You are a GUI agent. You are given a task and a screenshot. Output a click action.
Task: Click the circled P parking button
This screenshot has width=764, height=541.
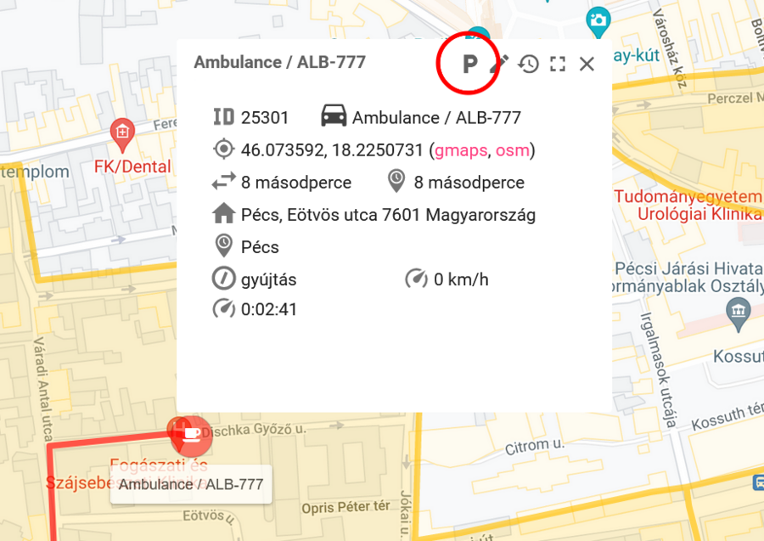coord(469,64)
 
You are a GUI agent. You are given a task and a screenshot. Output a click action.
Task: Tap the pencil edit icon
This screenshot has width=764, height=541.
coord(502,63)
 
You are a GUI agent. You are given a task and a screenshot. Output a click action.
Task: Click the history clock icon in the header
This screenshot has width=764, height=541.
coord(529,64)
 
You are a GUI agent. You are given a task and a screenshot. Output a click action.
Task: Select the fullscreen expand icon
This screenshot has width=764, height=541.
coord(558,64)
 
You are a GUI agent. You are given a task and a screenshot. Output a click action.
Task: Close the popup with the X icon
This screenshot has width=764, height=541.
coord(587,64)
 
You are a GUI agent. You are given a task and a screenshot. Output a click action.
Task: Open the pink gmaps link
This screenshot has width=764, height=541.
coord(460,150)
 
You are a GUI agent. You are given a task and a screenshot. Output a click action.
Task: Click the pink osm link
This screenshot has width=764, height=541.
coord(512,150)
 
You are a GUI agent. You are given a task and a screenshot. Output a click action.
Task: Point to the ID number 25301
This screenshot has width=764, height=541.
coord(265,118)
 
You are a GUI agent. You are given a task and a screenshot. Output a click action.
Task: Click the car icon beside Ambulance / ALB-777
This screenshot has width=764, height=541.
coord(334,116)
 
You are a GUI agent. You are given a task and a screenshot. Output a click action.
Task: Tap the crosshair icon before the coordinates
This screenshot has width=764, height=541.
coord(223,149)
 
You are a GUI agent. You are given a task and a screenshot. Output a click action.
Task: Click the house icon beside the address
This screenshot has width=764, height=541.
coord(223,214)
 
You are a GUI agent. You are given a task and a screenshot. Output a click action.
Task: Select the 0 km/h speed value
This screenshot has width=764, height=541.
coord(461,279)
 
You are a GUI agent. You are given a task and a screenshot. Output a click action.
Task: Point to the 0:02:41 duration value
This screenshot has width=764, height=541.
coord(269,309)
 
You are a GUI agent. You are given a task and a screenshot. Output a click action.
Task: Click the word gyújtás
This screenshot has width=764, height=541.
coord(269,279)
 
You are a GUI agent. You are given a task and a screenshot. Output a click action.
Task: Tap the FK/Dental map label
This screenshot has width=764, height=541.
coord(134,166)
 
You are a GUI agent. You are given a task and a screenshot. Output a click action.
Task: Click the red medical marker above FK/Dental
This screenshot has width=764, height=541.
coord(123,132)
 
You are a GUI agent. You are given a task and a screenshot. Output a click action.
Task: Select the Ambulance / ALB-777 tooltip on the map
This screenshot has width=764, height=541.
coord(191,485)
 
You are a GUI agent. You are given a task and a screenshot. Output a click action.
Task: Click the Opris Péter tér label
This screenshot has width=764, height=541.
coord(345,507)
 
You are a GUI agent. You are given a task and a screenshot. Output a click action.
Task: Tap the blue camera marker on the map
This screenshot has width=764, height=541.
coord(598,20)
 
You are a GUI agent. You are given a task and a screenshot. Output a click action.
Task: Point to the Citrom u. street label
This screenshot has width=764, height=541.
coord(535,446)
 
